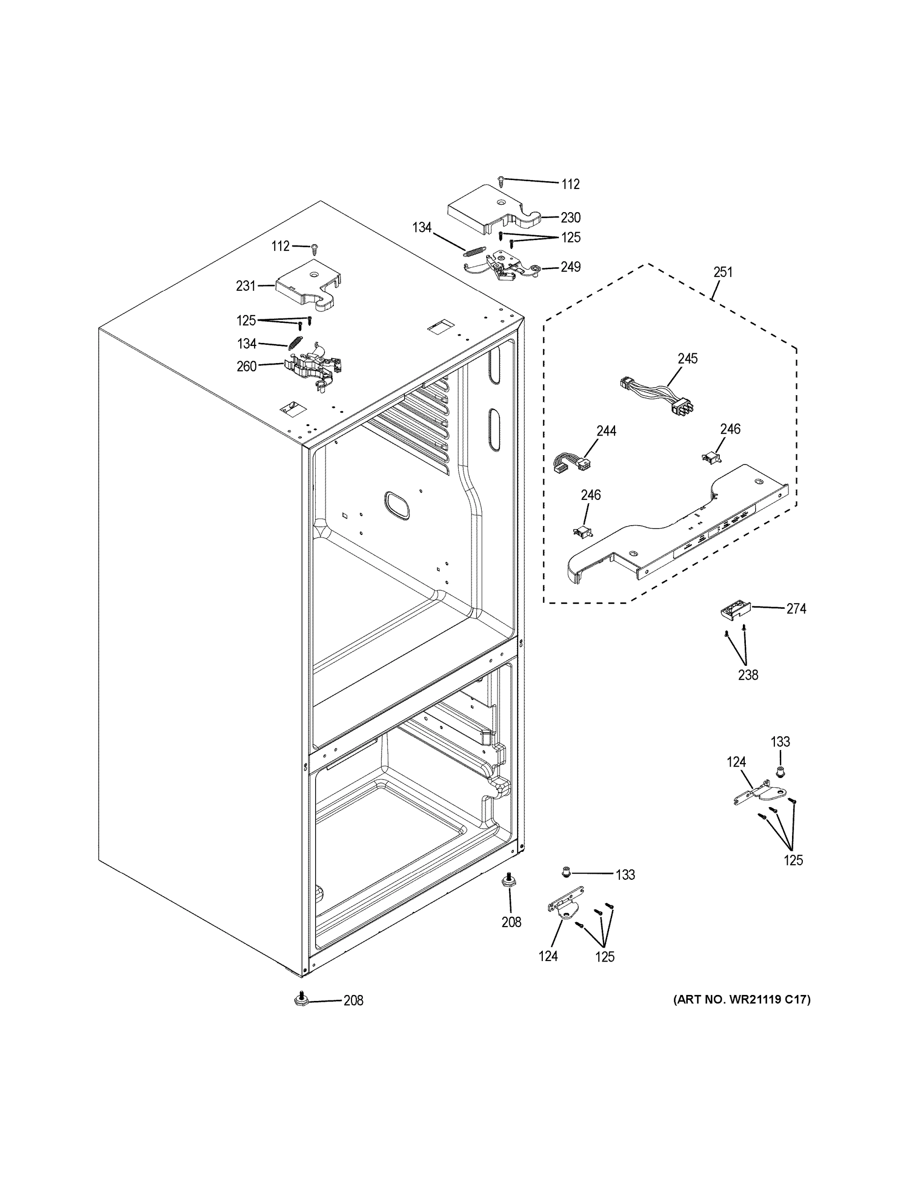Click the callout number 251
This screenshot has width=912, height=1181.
click(x=722, y=272)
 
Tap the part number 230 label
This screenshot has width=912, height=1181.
click(x=570, y=218)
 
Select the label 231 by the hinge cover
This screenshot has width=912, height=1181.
click(x=245, y=285)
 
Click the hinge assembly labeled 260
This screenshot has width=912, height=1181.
click(x=313, y=366)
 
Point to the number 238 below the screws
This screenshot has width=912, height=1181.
click(x=748, y=674)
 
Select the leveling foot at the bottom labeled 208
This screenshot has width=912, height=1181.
click(x=301, y=999)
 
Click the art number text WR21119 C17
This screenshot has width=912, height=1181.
click(x=742, y=1000)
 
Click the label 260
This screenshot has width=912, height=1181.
click(x=246, y=366)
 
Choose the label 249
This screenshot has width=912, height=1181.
click(x=570, y=267)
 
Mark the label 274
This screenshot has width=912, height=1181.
click(x=796, y=609)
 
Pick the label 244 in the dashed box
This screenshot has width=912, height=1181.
click(x=606, y=431)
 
